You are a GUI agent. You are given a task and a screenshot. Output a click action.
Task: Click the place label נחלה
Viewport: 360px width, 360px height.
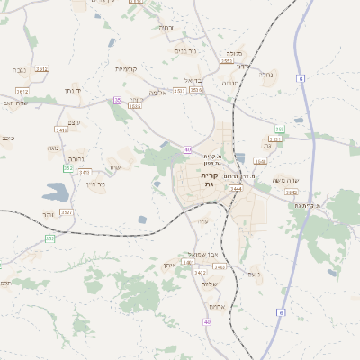pyautogui.click(x=265, y=75)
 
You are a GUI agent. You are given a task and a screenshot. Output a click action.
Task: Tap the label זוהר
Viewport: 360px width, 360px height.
pyautogui.click(x=48, y=215)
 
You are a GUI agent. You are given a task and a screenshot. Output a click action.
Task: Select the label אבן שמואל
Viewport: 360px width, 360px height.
pyautogui.click(x=198, y=254)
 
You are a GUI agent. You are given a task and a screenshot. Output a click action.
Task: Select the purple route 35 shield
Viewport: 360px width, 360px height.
pyautogui.click(x=117, y=99)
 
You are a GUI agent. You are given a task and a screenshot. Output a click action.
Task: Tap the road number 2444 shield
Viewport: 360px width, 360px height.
pyautogui.click(x=236, y=189)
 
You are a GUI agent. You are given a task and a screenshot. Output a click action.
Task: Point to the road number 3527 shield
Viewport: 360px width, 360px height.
pyautogui.click(x=66, y=211)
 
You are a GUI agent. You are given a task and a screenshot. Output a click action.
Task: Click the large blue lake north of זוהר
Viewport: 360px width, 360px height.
pyautogui.click(x=54, y=191)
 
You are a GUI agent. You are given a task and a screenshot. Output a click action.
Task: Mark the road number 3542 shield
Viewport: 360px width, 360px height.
pyautogui.click(x=291, y=192)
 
